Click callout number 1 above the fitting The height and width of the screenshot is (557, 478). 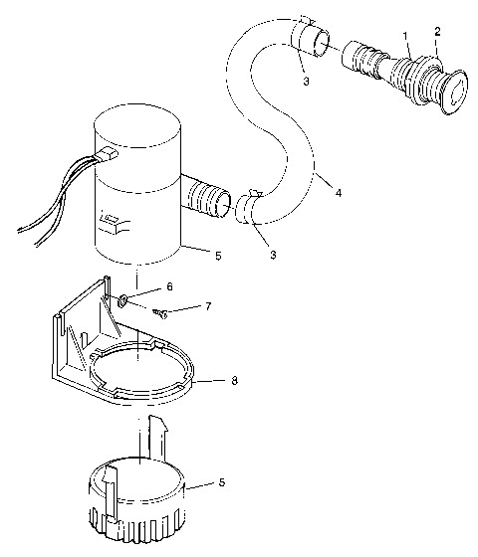pos(405,36)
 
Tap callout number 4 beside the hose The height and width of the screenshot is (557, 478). pos(340,192)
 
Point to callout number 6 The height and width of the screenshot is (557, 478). pos(169,286)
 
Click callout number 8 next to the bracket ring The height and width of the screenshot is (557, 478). pos(233,380)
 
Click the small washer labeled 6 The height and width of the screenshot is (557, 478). pos(120,299)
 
